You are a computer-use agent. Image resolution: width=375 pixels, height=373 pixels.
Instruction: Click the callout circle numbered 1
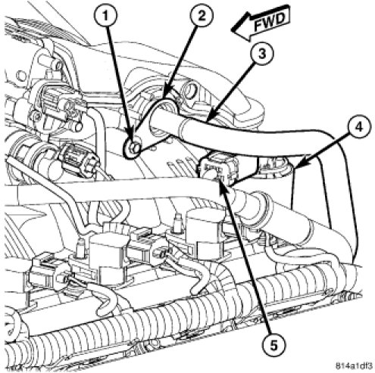pyautogui.click(x=106, y=16)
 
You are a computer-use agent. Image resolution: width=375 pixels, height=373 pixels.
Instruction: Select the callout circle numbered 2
pyautogui.click(x=202, y=16)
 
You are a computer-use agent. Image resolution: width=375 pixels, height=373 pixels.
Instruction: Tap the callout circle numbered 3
pyautogui.click(x=263, y=54)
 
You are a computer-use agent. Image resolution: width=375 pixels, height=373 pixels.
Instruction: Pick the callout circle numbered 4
pyautogui.click(x=359, y=126)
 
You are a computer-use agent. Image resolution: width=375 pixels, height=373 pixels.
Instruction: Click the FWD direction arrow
pyautogui.click(x=260, y=23)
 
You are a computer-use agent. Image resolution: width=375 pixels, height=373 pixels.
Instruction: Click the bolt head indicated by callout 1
pyautogui.click(x=133, y=148)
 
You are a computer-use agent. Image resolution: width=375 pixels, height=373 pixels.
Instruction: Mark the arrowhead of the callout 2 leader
pyautogui.click(x=164, y=97)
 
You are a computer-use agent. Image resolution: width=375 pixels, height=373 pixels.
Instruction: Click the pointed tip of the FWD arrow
pyautogui.click(x=232, y=30)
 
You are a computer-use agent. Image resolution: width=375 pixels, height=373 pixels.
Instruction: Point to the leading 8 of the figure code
pyautogui.click(x=338, y=366)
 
